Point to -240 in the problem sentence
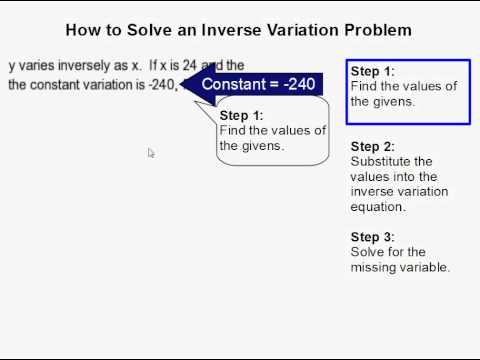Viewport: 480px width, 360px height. (161, 85)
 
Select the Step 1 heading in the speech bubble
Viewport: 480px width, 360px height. (240, 116)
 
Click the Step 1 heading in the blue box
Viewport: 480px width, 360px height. (373, 71)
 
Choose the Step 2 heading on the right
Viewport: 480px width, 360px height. (373, 146)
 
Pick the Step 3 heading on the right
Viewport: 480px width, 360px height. (373, 237)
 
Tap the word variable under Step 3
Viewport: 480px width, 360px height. (424, 268)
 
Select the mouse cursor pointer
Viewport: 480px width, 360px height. (151, 153)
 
